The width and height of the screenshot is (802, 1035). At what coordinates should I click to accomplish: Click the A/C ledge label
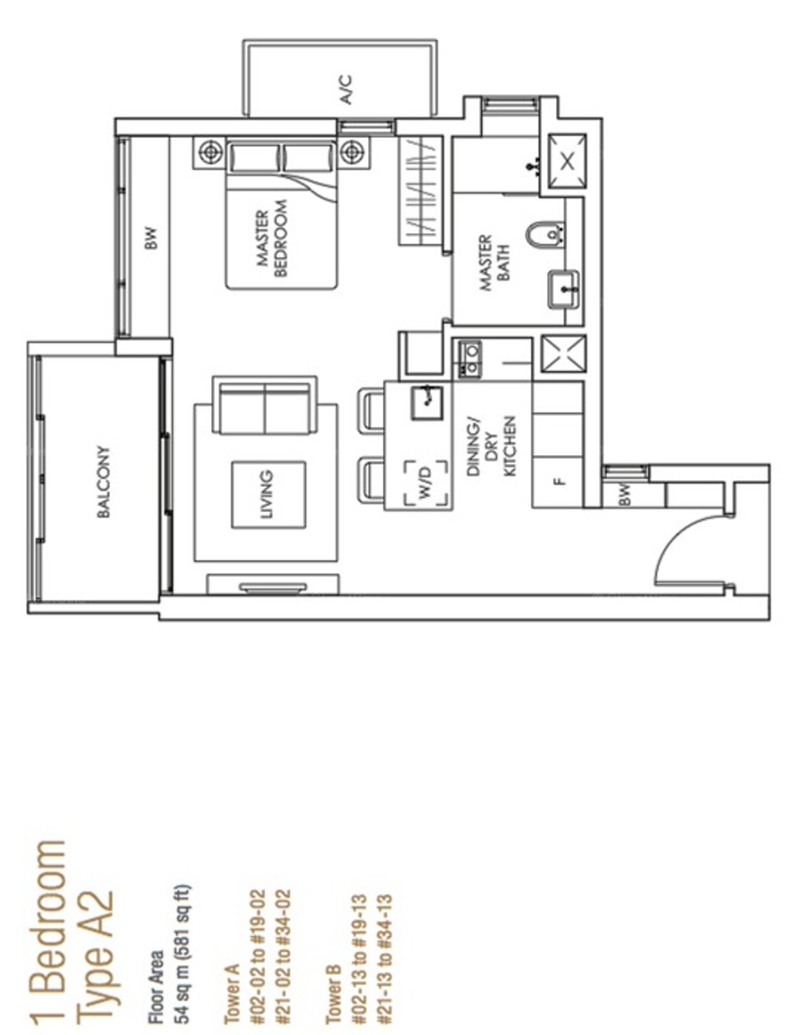[x=346, y=90]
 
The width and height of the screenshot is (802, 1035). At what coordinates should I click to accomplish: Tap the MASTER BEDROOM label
[x=272, y=239]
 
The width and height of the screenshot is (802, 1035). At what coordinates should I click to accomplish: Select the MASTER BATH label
[x=495, y=263]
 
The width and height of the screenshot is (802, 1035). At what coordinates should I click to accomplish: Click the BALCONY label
[x=103, y=482]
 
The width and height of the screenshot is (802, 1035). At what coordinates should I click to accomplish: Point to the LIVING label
[x=266, y=493]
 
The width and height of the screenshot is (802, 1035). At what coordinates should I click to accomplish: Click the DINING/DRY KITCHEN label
[x=492, y=445]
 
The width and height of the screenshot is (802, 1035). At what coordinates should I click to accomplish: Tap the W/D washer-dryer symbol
[x=426, y=483]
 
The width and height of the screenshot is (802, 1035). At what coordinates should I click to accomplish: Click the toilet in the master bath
[x=545, y=235]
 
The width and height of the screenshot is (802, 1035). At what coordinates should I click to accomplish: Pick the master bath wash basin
[x=563, y=289]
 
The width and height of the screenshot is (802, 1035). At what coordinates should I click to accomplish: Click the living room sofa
[x=265, y=406]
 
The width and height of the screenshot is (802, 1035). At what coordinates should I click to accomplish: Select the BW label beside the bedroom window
[x=151, y=238]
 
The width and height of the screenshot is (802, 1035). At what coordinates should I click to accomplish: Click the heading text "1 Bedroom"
[x=47, y=932]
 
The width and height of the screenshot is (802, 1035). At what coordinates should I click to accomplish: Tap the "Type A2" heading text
[x=94, y=958]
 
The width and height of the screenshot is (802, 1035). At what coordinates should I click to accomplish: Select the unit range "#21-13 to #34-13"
[x=383, y=959]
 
